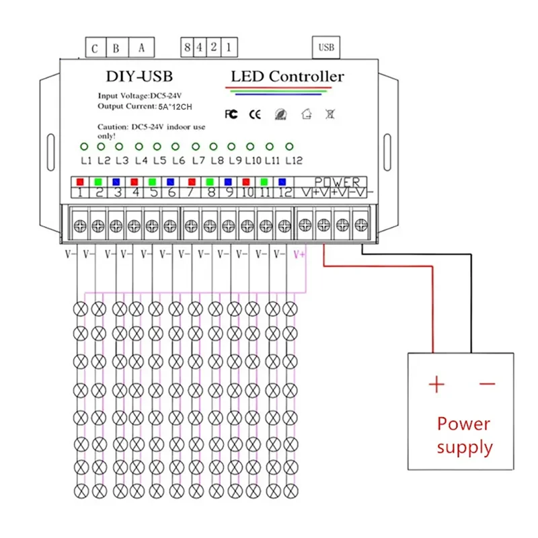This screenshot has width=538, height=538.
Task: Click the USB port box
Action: click(x=326, y=47)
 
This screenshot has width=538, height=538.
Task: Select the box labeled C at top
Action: click(x=95, y=47)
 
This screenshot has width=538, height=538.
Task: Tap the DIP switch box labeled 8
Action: click(x=187, y=47)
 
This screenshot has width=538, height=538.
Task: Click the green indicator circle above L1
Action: click(x=84, y=147)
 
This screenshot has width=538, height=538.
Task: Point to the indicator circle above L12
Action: click(x=289, y=147)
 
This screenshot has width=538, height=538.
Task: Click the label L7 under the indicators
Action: click(x=198, y=160)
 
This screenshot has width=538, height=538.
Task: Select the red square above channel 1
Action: click(x=80, y=182)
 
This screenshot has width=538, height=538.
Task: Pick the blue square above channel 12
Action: click(x=282, y=182)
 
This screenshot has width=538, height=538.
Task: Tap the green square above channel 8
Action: click(x=210, y=182)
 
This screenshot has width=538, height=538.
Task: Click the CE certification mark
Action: click(x=255, y=114)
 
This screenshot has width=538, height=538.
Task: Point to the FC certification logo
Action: click(x=231, y=114)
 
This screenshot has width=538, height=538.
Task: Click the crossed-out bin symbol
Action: click(x=330, y=114)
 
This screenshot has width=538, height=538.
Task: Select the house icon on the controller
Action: click(x=307, y=114)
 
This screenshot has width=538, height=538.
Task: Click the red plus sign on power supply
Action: click(x=436, y=384)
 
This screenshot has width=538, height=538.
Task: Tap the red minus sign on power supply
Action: click(x=487, y=383)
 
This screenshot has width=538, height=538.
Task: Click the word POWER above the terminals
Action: click(x=338, y=182)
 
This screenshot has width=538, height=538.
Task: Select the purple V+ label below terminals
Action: click(x=299, y=255)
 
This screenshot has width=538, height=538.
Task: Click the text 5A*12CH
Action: click(x=175, y=107)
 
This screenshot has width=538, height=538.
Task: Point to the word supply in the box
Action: click(x=465, y=448)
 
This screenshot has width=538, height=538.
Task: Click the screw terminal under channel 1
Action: click(x=80, y=226)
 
